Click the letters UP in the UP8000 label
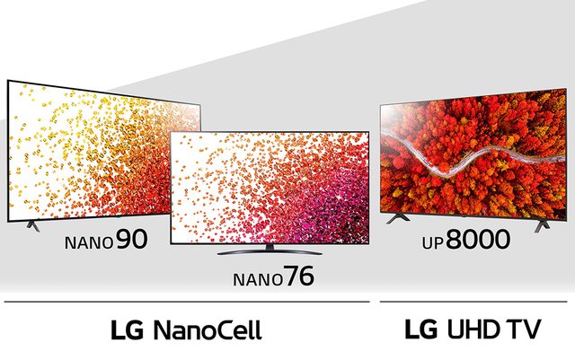[x=435, y=242]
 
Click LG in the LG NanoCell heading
[x=127, y=329]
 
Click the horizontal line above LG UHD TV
[x=472, y=302]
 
